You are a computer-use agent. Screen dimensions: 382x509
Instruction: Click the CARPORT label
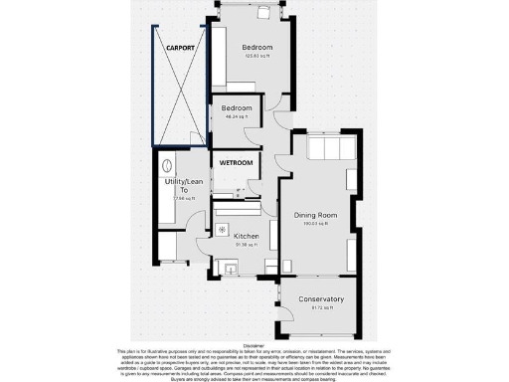[180, 47]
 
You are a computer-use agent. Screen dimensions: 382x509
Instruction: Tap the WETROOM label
[237, 162]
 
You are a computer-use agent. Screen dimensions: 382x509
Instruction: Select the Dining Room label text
[315, 215]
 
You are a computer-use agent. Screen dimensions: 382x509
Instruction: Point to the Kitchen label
[246, 236]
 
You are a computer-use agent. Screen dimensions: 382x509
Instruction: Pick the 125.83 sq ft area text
[256, 57]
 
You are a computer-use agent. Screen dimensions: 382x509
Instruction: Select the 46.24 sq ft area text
[237, 116]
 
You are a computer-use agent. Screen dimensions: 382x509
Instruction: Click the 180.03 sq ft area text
[315, 224]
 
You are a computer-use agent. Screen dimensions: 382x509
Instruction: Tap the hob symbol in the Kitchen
[221, 227]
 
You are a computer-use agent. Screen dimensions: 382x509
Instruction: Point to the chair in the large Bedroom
[264, 13]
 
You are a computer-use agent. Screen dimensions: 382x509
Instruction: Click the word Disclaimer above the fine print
[254, 345]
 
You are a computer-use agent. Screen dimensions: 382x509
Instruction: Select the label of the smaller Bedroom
[237, 107]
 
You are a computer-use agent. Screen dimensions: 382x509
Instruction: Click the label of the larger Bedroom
[256, 47]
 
